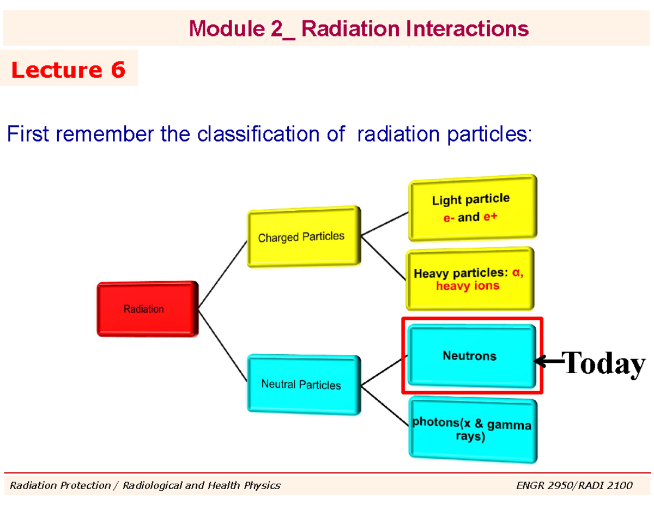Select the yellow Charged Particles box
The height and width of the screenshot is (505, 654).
coord(304,237)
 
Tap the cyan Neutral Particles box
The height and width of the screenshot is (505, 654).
coord(304,385)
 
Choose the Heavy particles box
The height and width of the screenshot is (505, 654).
coord(470,279)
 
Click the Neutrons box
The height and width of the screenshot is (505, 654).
coord(472,356)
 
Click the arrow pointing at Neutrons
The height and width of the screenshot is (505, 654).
coord(547,362)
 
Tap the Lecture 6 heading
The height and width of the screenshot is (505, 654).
coord(69,70)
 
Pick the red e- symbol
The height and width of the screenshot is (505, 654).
coord(449,218)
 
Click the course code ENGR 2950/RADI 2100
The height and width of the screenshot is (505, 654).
coord(574,485)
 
